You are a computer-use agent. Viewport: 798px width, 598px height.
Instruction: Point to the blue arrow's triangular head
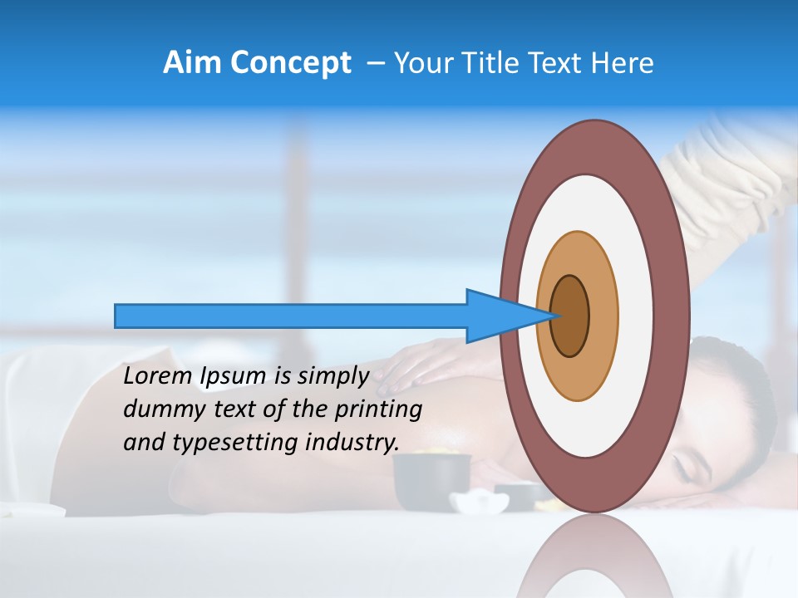[x=499, y=316]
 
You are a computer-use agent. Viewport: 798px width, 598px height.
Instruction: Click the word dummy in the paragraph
[x=159, y=409]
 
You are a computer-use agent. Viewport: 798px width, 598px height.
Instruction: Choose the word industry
[x=352, y=443]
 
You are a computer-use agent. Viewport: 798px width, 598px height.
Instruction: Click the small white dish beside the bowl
[x=480, y=502]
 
